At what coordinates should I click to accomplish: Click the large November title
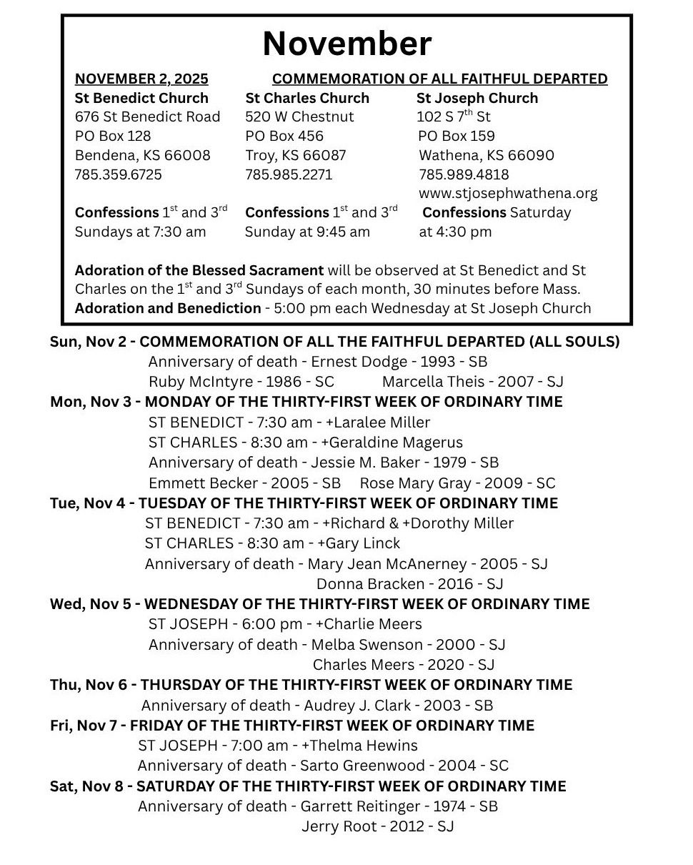[x=346, y=44]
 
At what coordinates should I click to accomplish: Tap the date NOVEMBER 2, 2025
[x=141, y=79]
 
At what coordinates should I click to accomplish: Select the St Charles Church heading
[x=307, y=98]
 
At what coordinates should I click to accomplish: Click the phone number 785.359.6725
[x=118, y=174]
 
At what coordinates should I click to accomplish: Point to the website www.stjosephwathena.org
[x=508, y=194]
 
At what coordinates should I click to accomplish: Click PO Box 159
[x=456, y=136]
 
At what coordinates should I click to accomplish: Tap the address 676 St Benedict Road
[x=147, y=117]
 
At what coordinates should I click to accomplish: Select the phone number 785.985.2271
[x=289, y=174]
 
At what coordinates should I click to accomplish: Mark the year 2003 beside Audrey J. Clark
[x=442, y=706]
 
